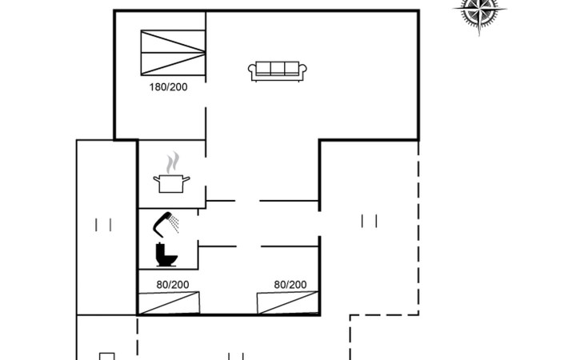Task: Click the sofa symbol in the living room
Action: (278, 71)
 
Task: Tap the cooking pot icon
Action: (171, 183)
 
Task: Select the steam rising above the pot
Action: (173, 162)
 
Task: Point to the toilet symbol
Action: (166, 254)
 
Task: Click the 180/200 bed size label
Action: (168, 87)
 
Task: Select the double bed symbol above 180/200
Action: (173, 53)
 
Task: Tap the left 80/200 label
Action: (173, 285)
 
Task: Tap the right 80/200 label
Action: (290, 285)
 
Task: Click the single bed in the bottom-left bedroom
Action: (169, 303)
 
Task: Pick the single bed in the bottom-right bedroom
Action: (288, 303)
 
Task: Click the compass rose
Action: (479, 11)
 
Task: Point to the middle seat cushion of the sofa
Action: (278, 68)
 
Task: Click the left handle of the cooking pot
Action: (157, 179)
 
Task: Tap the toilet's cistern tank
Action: (160, 249)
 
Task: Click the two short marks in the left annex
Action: (103, 225)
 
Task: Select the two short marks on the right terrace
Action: (369, 221)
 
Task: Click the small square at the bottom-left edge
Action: (107, 356)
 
